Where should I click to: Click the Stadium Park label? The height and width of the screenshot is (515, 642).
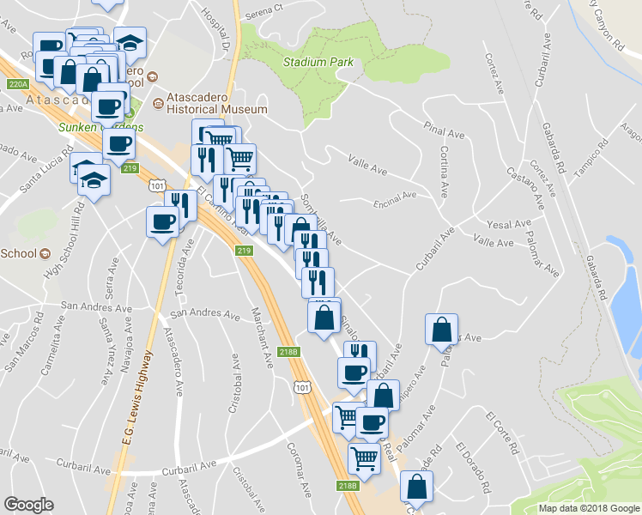[x=318, y=62]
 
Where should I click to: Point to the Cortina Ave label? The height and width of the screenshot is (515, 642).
[x=445, y=168]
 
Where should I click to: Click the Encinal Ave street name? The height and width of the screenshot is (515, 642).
[x=395, y=195]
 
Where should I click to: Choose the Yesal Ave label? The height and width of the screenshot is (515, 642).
[x=509, y=225]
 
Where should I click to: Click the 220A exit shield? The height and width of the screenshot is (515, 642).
[x=18, y=84]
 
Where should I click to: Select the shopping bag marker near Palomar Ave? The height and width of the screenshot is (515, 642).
[x=440, y=330]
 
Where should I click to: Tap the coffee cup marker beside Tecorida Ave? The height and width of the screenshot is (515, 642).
[x=162, y=222]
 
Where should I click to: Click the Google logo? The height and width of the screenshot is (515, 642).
[x=29, y=505]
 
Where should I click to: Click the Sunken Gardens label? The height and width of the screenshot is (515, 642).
[x=88, y=127]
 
